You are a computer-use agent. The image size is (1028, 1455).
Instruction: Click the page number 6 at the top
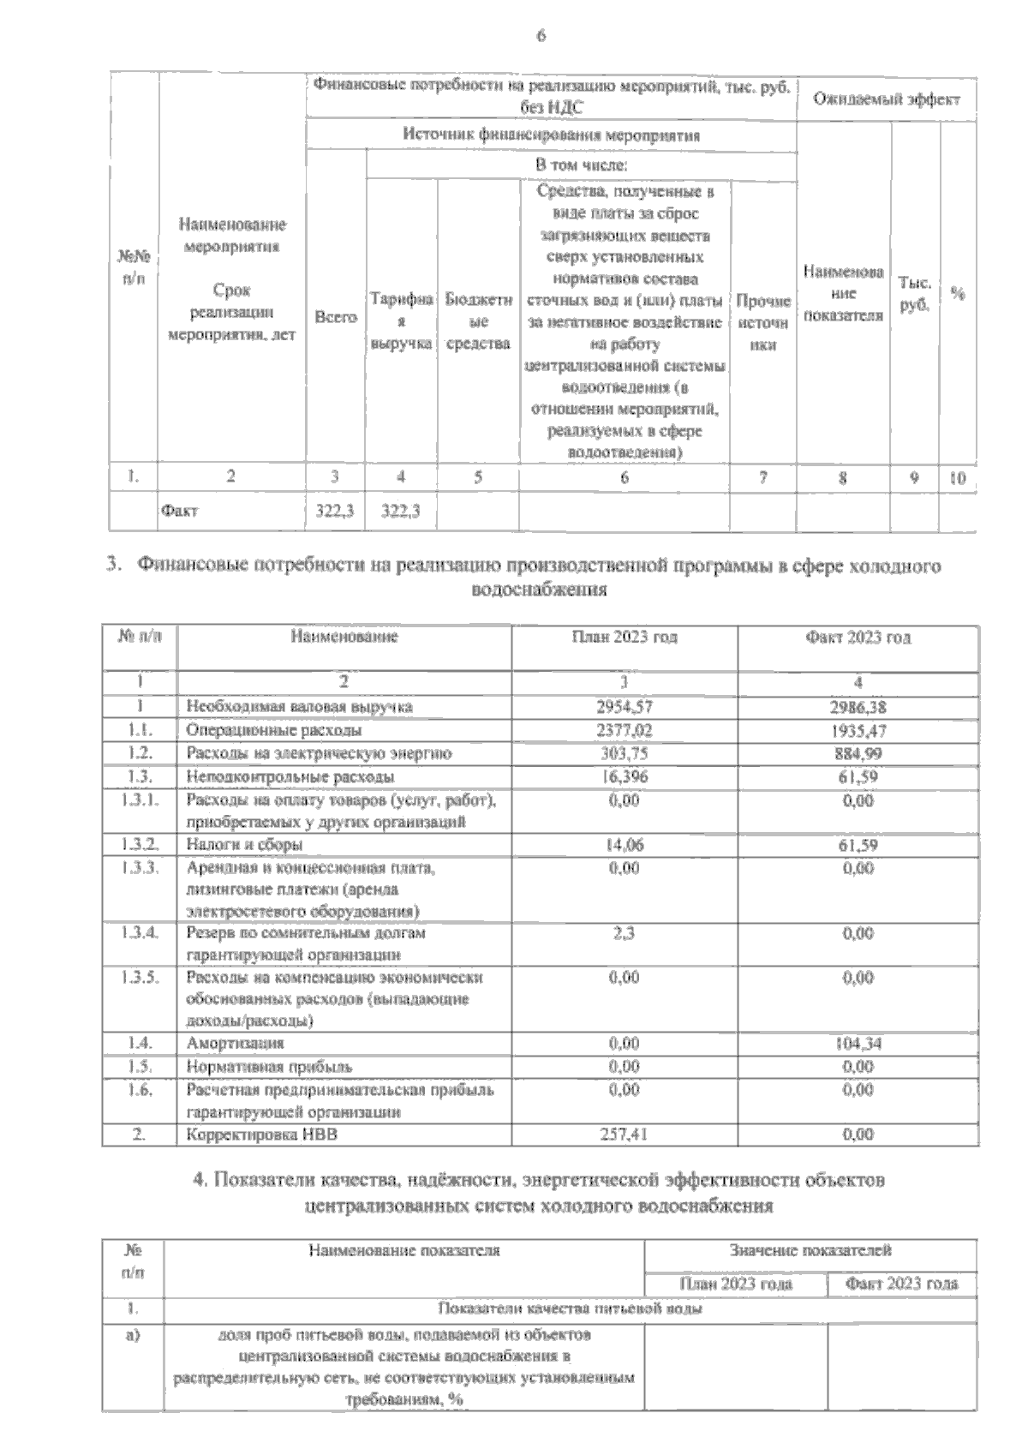541,36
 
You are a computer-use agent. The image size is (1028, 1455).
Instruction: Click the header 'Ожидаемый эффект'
886,99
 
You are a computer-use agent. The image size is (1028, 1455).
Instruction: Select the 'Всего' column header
335,317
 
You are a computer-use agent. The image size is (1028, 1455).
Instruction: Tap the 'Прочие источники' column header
762,323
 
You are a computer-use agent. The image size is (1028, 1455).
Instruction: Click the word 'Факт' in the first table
179,511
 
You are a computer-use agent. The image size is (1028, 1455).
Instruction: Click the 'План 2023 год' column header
624,638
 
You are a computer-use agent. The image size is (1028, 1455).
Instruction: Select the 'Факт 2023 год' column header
858,638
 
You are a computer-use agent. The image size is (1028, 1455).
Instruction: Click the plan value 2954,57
624,707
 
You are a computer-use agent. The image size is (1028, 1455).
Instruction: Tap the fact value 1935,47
858,731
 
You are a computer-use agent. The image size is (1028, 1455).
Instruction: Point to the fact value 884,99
858,754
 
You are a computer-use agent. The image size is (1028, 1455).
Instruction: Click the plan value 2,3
624,933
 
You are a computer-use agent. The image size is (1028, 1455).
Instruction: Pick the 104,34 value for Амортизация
858,1044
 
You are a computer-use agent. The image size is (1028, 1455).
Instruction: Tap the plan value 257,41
624,1135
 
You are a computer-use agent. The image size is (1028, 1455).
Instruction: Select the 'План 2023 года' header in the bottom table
735,1284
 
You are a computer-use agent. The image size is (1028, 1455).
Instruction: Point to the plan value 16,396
624,777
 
